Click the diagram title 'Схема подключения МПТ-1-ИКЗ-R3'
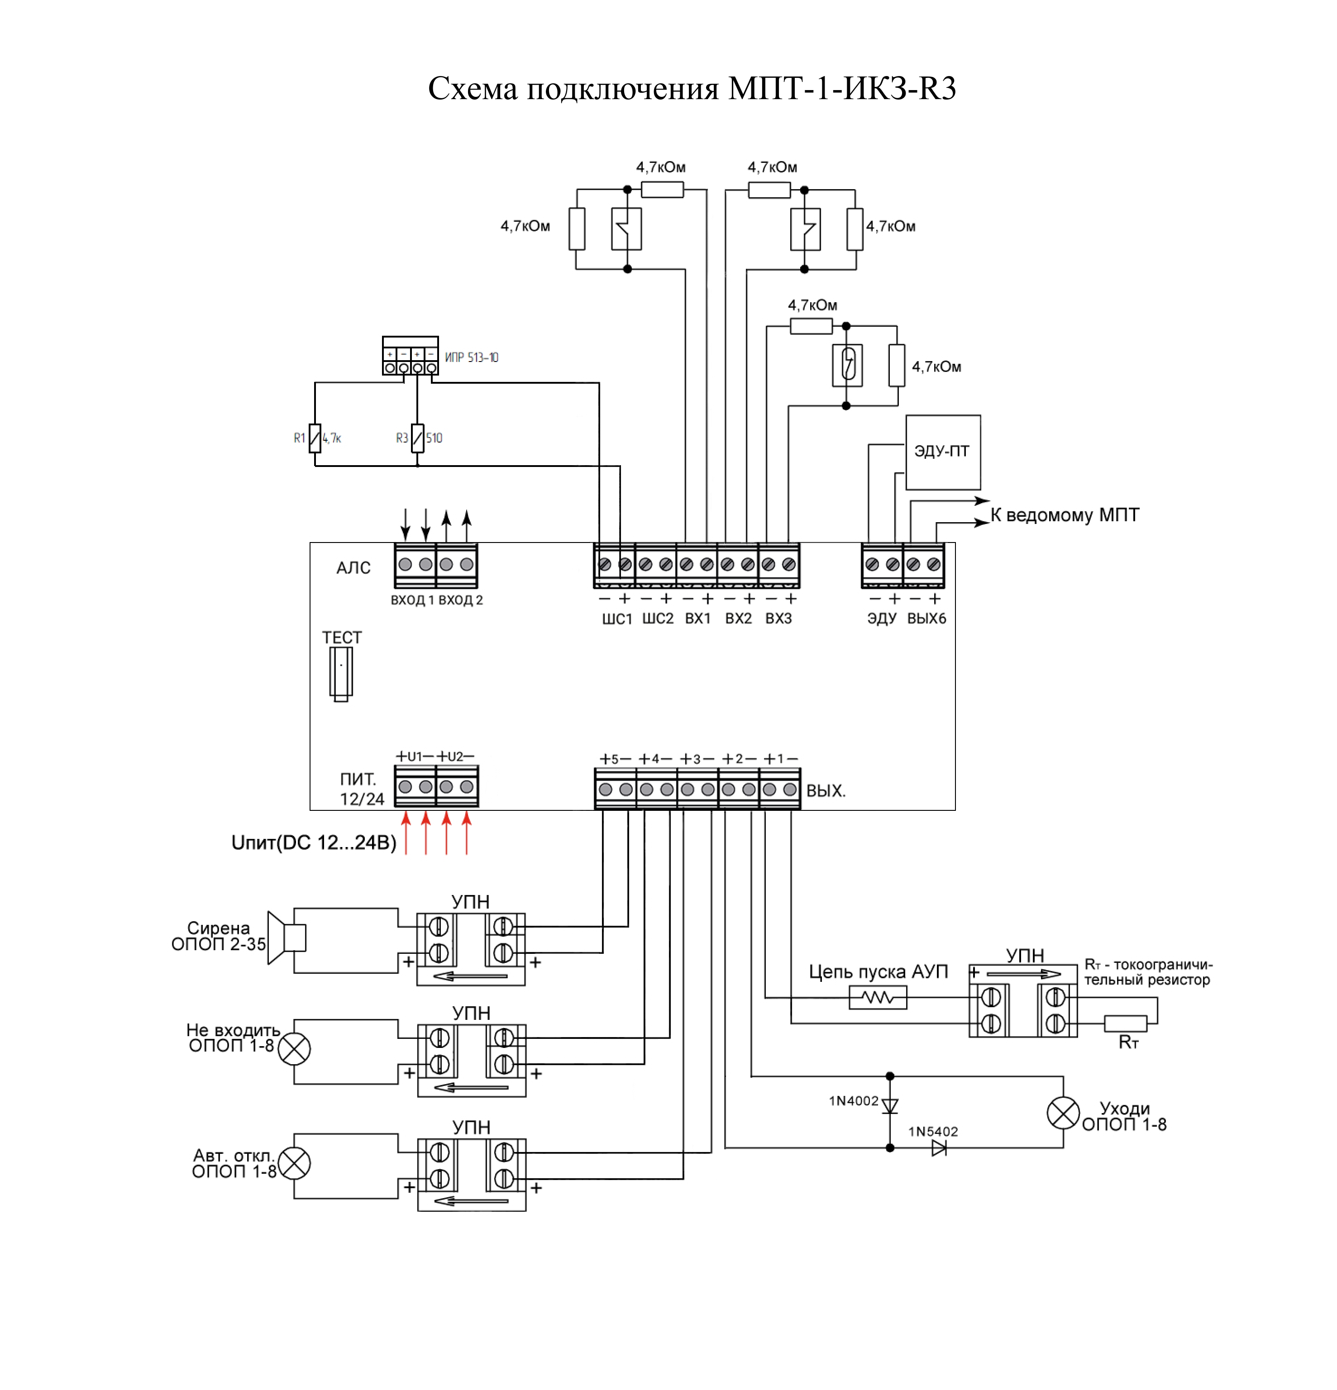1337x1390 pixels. (x=692, y=89)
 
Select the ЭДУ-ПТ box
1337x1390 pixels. (x=943, y=452)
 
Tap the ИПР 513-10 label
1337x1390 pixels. (x=472, y=357)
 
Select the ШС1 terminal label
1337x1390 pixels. (x=616, y=619)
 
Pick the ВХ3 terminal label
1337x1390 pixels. (x=778, y=619)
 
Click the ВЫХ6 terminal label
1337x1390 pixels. (x=926, y=619)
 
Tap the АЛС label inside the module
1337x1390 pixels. (x=353, y=568)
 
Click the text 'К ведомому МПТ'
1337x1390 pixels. (x=1065, y=515)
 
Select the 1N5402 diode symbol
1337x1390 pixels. (x=939, y=1147)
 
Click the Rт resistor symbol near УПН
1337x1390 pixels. (x=1126, y=1023)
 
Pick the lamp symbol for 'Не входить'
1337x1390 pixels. (x=294, y=1049)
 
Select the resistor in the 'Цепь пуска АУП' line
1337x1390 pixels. (x=878, y=998)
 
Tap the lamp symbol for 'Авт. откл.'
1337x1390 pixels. (x=294, y=1163)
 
